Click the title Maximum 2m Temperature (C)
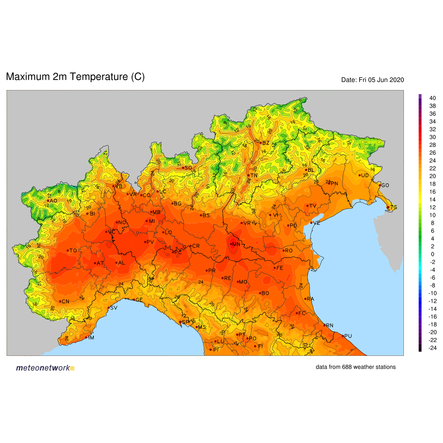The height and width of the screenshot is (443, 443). [x=75, y=77]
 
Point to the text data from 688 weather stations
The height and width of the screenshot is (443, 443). [x=356, y=367]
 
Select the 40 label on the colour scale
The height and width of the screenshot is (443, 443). [x=432, y=98]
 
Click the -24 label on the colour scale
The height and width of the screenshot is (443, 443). [x=432, y=348]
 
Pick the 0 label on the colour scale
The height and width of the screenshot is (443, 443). [x=432, y=254]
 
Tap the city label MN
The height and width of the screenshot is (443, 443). [x=236, y=244]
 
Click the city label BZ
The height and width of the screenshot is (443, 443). [x=266, y=143]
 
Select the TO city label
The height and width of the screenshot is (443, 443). [x=73, y=251]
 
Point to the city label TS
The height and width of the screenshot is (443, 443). [x=394, y=207]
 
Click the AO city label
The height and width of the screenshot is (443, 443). [x=54, y=201]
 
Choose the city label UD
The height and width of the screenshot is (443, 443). [x=365, y=176]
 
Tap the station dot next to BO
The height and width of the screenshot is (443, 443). [x=260, y=293]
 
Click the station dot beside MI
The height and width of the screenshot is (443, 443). [x=147, y=221]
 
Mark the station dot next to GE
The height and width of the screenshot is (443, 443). [x=134, y=299]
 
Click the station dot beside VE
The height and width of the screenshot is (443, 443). [x=311, y=223]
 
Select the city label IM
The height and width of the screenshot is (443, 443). [x=91, y=338]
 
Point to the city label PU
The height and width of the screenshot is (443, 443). [x=348, y=336]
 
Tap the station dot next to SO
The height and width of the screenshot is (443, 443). [x=183, y=168]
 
